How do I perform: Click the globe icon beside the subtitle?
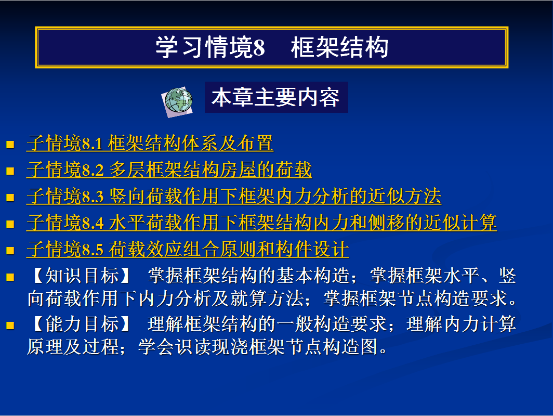tap(177, 101)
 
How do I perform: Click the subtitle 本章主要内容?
tap(276, 97)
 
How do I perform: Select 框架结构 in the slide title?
tap(339, 47)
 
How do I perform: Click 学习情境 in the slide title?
tap(204, 47)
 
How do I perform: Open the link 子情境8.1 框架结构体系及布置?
tap(150, 143)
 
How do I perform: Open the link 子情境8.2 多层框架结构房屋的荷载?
tap(169, 170)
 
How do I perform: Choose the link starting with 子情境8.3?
tap(234, 196)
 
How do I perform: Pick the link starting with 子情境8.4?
tap(262, 223)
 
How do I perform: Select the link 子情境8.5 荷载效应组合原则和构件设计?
tap(188, 249)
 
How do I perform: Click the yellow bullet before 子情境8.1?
tap(10, 145)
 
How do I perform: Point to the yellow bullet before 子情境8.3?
tap(10, 197)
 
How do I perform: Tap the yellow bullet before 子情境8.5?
tap(10, 250)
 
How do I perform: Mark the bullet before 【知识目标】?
tap(10, 277)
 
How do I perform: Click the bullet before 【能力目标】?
tap(10, 325)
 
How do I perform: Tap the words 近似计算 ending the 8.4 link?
tap(460, 223)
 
